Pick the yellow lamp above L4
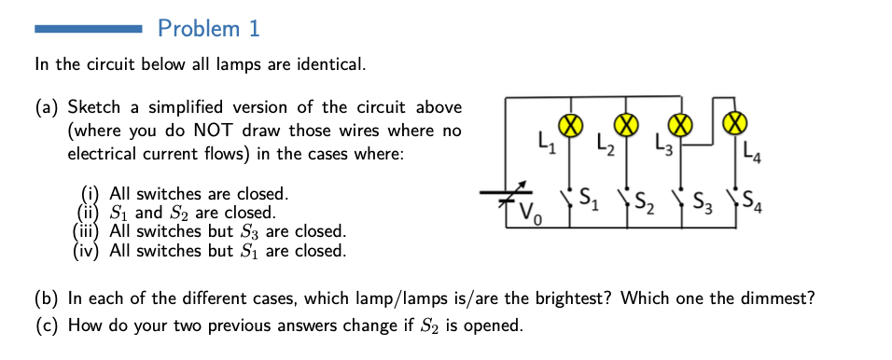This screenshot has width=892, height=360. [x=736, y=123]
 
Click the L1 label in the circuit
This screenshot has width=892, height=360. [x=547, y=145]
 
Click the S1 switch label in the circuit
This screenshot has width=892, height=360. [x=589, y=198]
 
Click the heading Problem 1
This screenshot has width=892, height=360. [x=209, y=29]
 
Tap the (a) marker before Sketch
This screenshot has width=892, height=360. [x=47, y=108]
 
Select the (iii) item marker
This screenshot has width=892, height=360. [x=88, y=231]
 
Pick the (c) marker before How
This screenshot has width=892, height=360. [x=46, y=325]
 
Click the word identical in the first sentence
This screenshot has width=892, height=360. [x=329, y=65]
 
